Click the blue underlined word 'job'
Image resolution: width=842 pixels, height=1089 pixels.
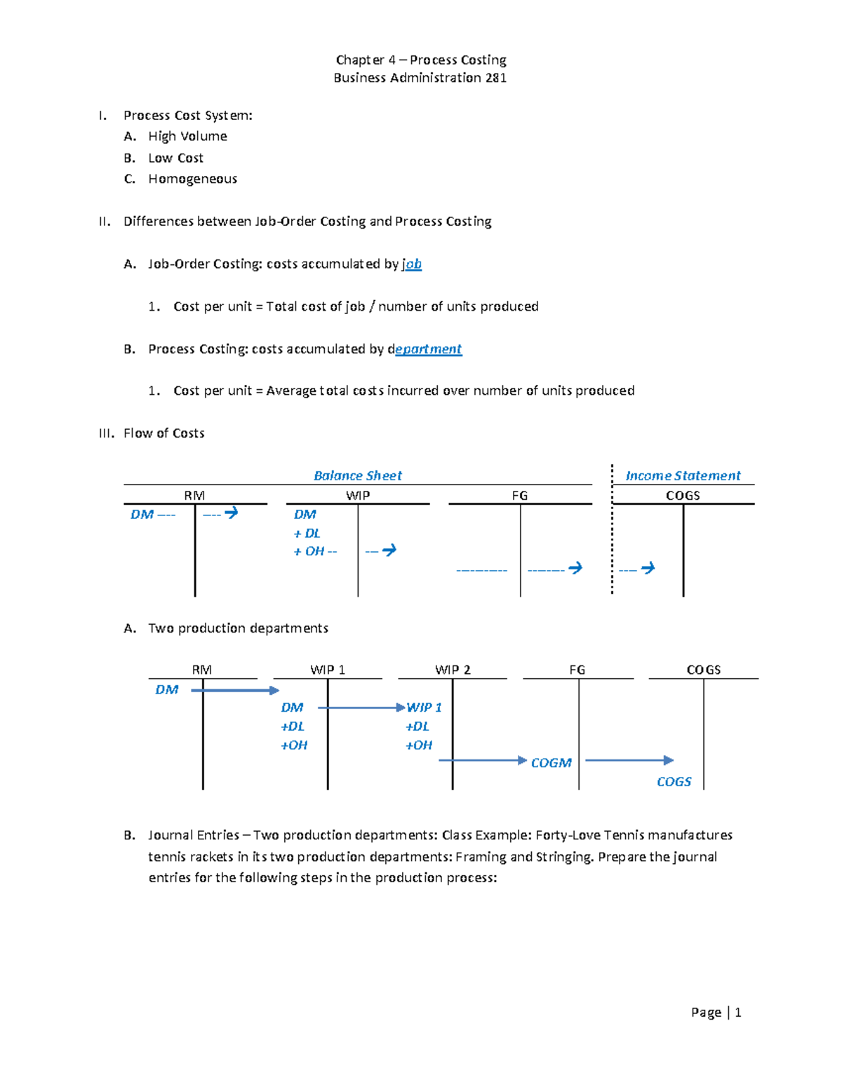coord(413,264)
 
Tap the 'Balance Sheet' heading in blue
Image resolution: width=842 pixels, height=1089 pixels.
coord(357,475)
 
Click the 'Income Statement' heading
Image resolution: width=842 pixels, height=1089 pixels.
coord(682,475)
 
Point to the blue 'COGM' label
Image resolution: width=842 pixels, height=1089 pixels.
coord(551,763)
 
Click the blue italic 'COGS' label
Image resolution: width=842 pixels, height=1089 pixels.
coord(674,782)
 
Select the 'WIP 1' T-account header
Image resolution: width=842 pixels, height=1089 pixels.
coord(328,670)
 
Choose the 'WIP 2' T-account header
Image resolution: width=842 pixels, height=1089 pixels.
coord(453,670)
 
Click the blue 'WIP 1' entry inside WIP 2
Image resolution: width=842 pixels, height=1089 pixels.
coord(424,708)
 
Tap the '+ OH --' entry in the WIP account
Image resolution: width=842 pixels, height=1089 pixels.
coord(315,552)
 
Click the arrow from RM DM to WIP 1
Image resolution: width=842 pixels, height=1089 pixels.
coord(235,691)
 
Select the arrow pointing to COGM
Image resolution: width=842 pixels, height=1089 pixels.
coord(483,760)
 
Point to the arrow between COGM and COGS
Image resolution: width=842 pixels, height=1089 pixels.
coord(629,760)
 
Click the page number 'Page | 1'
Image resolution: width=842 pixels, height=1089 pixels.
coord(716,1012)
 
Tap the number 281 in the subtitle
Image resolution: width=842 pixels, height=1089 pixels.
coord(495,78)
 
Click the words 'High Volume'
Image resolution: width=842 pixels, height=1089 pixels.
coord(187,136)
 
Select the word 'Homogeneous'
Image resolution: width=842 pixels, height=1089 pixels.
coord(192,179)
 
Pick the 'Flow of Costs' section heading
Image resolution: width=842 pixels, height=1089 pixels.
coord(163,433)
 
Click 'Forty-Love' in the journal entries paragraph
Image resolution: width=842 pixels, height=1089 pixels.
coord(567,835)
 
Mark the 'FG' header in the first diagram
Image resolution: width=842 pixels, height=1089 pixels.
coord(519,495)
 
